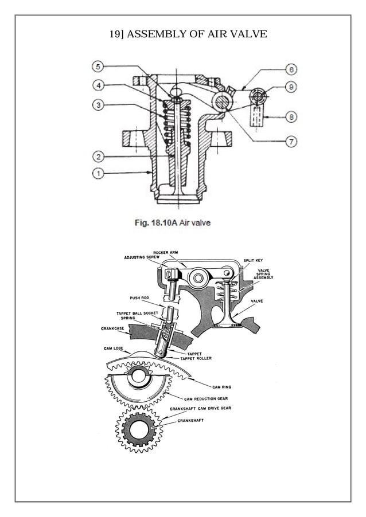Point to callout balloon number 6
[x=292, y=70]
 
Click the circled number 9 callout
[x=292, y=88]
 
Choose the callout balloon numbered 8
[x=292, y=117]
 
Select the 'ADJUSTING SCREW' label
[x=142, y=258]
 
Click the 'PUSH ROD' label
[x=139, y=298]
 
